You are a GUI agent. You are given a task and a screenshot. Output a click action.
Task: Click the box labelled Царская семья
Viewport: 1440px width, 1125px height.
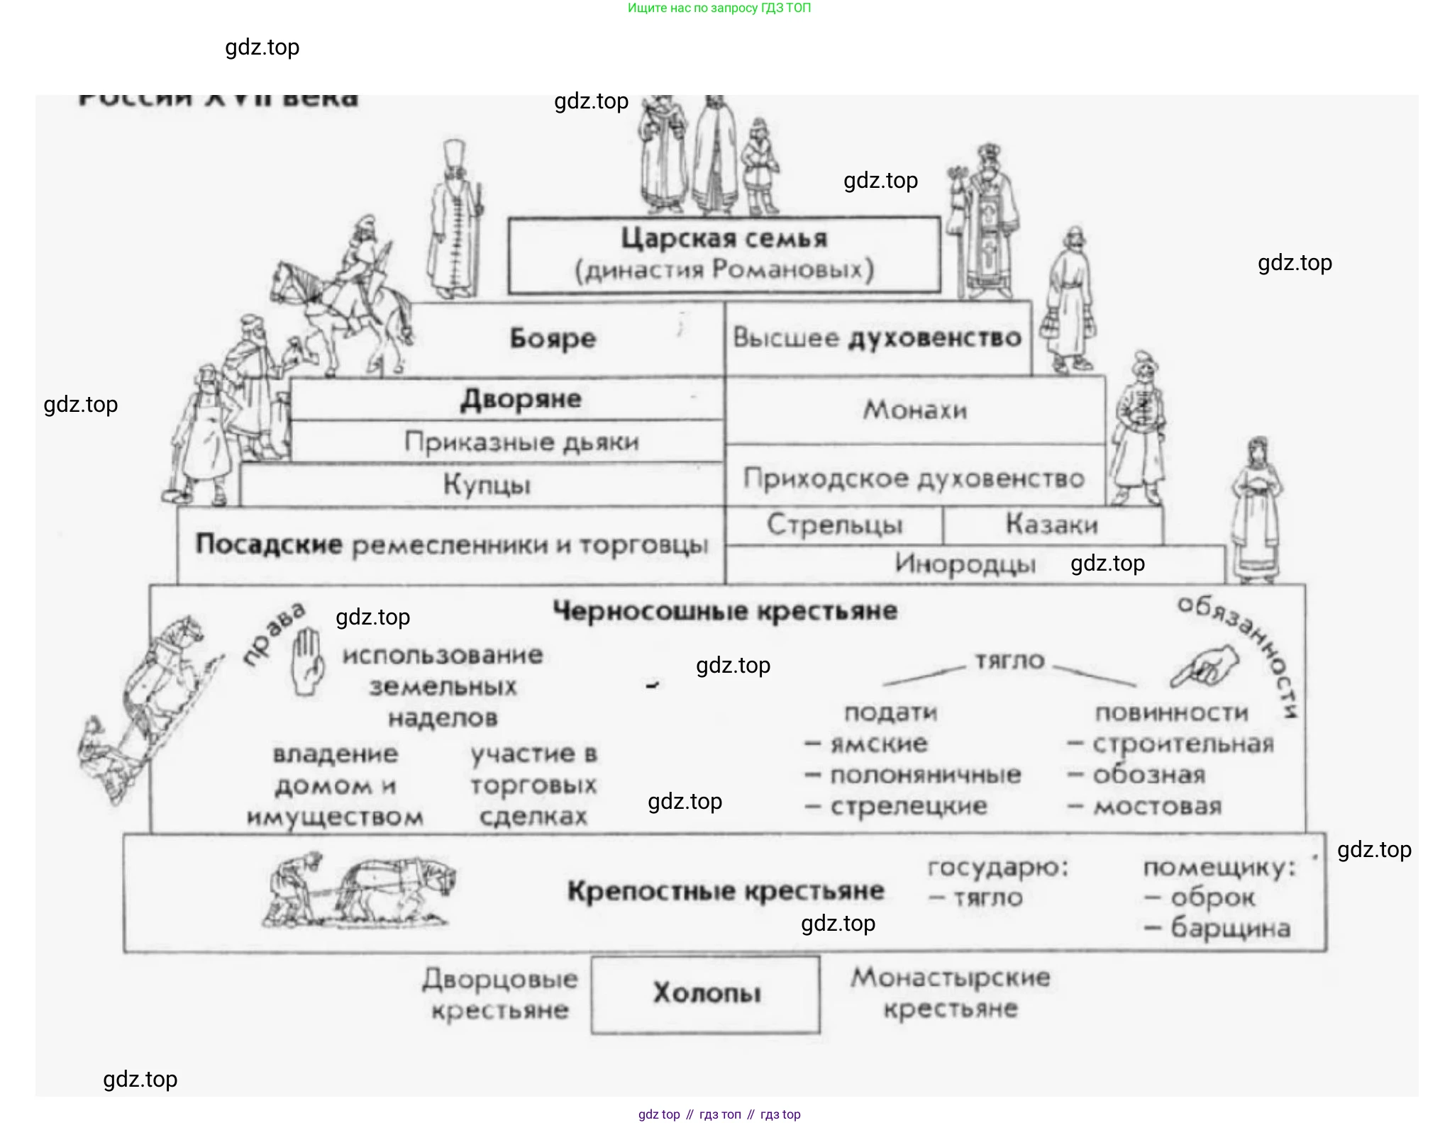724,254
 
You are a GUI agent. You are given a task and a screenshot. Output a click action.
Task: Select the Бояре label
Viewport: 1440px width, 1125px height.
553,339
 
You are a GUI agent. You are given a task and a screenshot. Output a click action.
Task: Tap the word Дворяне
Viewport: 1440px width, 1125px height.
521,399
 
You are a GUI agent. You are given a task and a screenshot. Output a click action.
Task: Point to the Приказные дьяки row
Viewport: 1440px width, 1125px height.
521,442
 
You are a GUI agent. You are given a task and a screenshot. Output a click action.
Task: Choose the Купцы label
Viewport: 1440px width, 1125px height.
487,485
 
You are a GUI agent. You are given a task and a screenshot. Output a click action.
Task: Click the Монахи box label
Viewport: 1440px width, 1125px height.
914,410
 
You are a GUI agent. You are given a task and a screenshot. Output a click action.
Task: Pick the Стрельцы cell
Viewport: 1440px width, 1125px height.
834,525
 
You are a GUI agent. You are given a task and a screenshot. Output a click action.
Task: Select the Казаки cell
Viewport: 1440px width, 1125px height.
1051,525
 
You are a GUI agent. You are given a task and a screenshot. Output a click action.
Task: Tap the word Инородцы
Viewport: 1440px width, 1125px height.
965,564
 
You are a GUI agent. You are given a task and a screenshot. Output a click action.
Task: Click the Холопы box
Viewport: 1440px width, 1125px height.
706,993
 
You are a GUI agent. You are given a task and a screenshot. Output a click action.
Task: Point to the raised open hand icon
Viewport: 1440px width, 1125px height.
308,660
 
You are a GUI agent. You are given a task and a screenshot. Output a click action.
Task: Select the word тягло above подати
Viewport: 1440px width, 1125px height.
1009,661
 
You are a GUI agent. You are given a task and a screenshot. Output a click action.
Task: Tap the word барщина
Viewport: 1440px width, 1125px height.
1229,927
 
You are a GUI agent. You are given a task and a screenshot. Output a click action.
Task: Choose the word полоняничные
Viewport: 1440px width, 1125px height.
925,775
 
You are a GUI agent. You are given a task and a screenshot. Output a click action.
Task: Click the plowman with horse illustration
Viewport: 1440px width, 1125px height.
358,890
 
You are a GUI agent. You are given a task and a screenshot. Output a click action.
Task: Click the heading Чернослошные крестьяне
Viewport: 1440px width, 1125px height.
725,610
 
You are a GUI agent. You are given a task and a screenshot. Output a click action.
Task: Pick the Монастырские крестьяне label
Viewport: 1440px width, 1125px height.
951,992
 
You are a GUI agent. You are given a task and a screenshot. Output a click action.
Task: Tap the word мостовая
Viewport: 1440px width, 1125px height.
1157,806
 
